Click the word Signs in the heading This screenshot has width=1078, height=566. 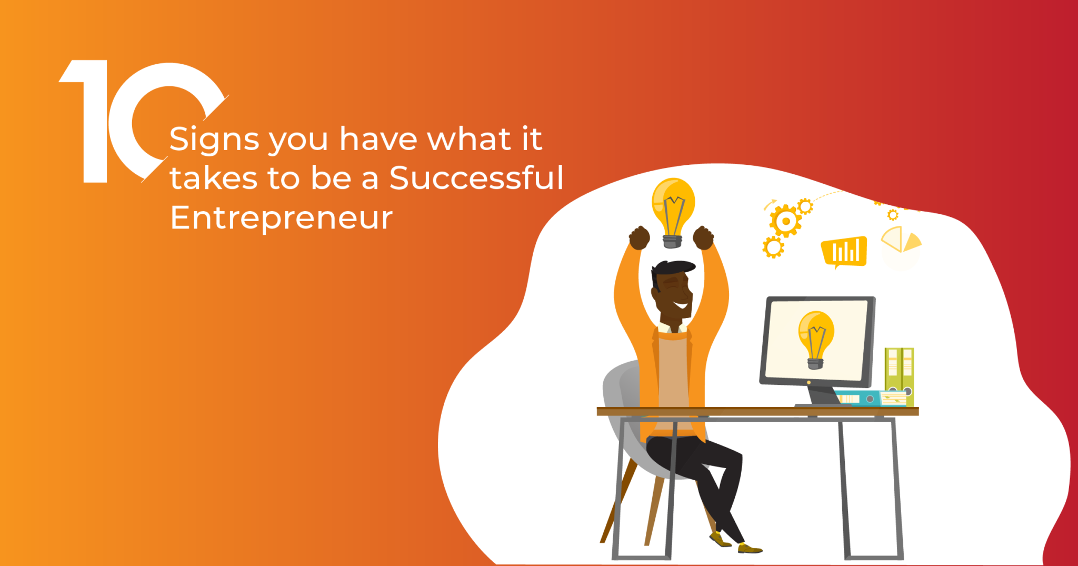click(x=214, y=140)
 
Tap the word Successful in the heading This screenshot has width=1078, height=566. click(x=476, y=177)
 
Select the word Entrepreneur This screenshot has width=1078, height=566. click(x=281, y=218)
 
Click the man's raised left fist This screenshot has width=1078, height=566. click(x=703, y=237)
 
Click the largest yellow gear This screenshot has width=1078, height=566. click(x=785, y=221)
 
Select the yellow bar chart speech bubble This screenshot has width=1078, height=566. click(x=844, y=252)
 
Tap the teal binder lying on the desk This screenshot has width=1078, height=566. click(x=858, y=398)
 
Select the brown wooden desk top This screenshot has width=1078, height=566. click(x=757, y=411)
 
